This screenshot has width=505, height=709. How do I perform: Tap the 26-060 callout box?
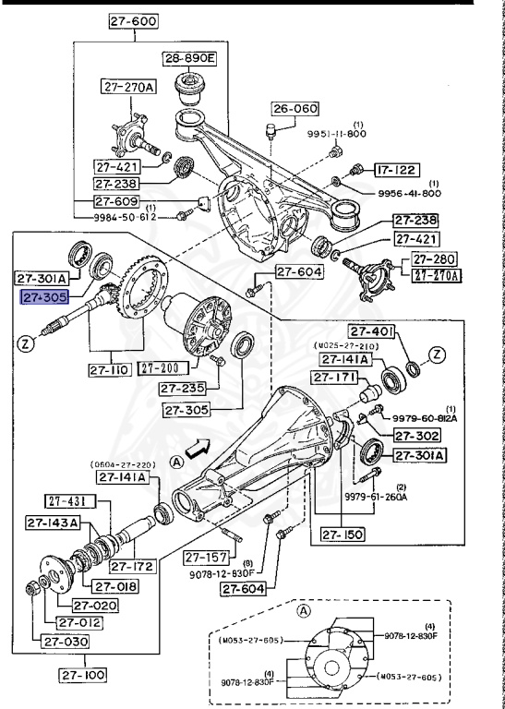click(294, 109)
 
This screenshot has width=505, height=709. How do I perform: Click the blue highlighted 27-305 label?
click(43, 297)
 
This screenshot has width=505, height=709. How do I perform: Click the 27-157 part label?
click(205, 557)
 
